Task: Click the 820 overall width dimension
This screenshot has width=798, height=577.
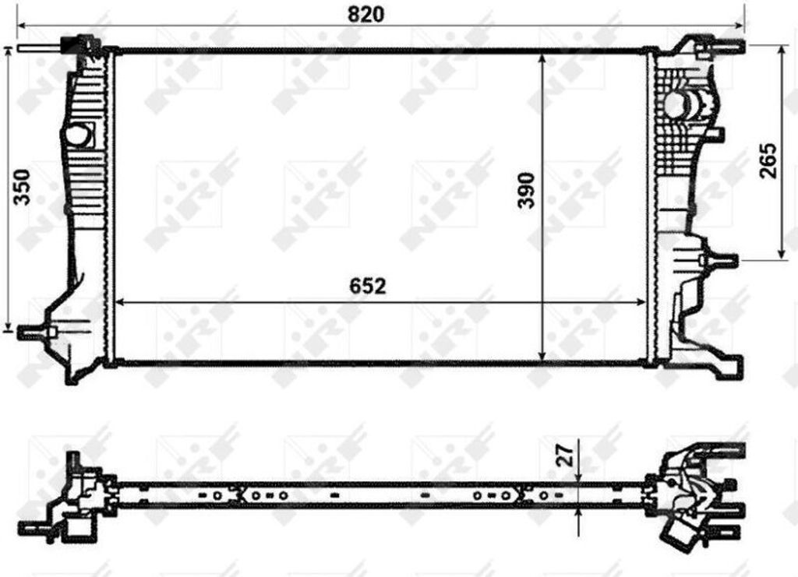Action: (x=365, y=14)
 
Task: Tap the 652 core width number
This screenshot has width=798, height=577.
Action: (x=368, y=287)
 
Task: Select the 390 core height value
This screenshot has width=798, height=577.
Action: (x=527, y=190)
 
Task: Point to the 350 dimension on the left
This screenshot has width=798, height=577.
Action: (x=22, y=187)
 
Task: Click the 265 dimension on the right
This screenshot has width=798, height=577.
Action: (x=768, y=160)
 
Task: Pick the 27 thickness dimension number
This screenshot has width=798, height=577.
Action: (x=566, y=454)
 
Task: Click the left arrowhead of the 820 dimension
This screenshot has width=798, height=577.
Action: (x=23, y=24)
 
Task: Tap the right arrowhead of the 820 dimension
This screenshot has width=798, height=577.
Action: (x=739, y=24)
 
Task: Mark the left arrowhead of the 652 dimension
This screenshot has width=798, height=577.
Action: (x=121, y=302)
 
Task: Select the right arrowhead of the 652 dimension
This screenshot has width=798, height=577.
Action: (x=640, y=302)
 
